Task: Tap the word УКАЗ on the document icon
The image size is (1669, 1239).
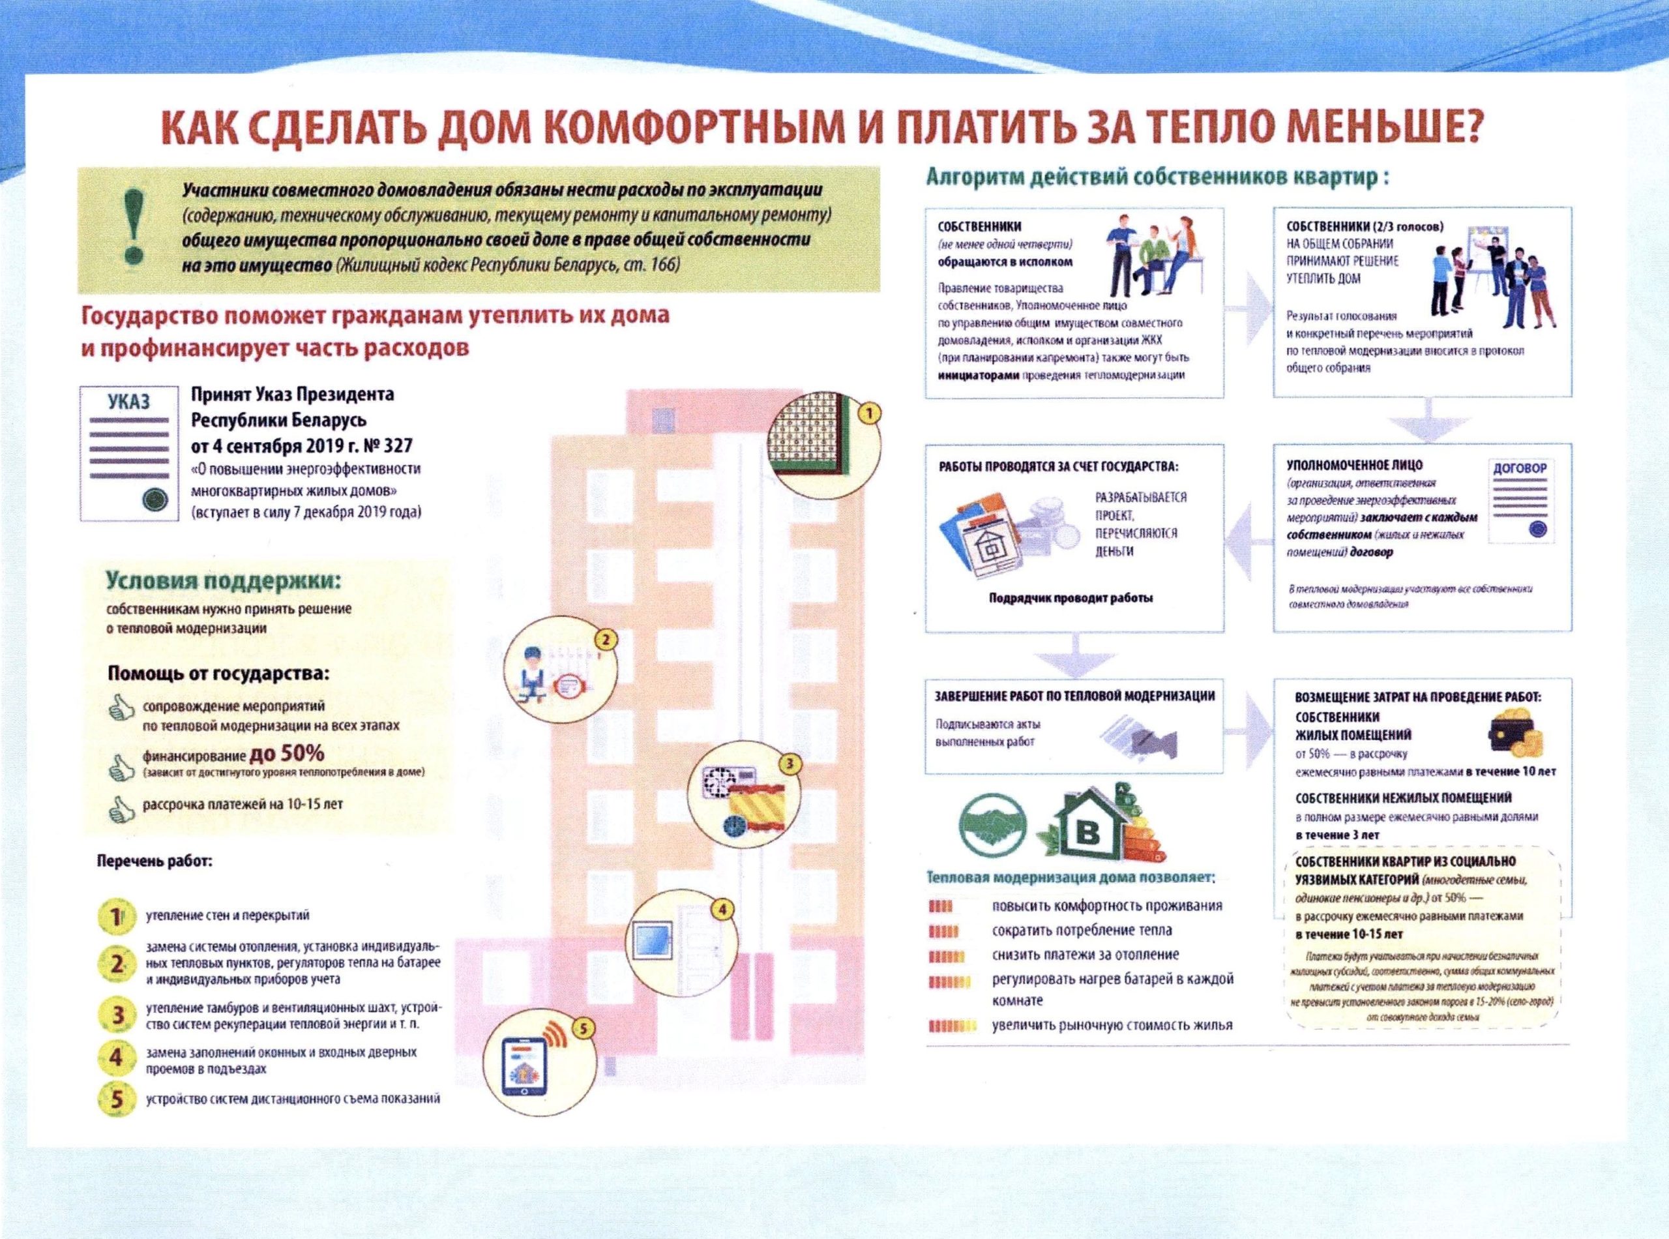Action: click(128, 401)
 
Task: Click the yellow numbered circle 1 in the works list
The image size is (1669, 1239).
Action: click(115, 916)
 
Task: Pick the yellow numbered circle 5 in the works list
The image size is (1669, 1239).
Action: click(115, 1099)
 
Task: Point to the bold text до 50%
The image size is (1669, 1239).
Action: click(286, 753)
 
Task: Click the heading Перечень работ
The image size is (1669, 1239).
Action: click(155, 861)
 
